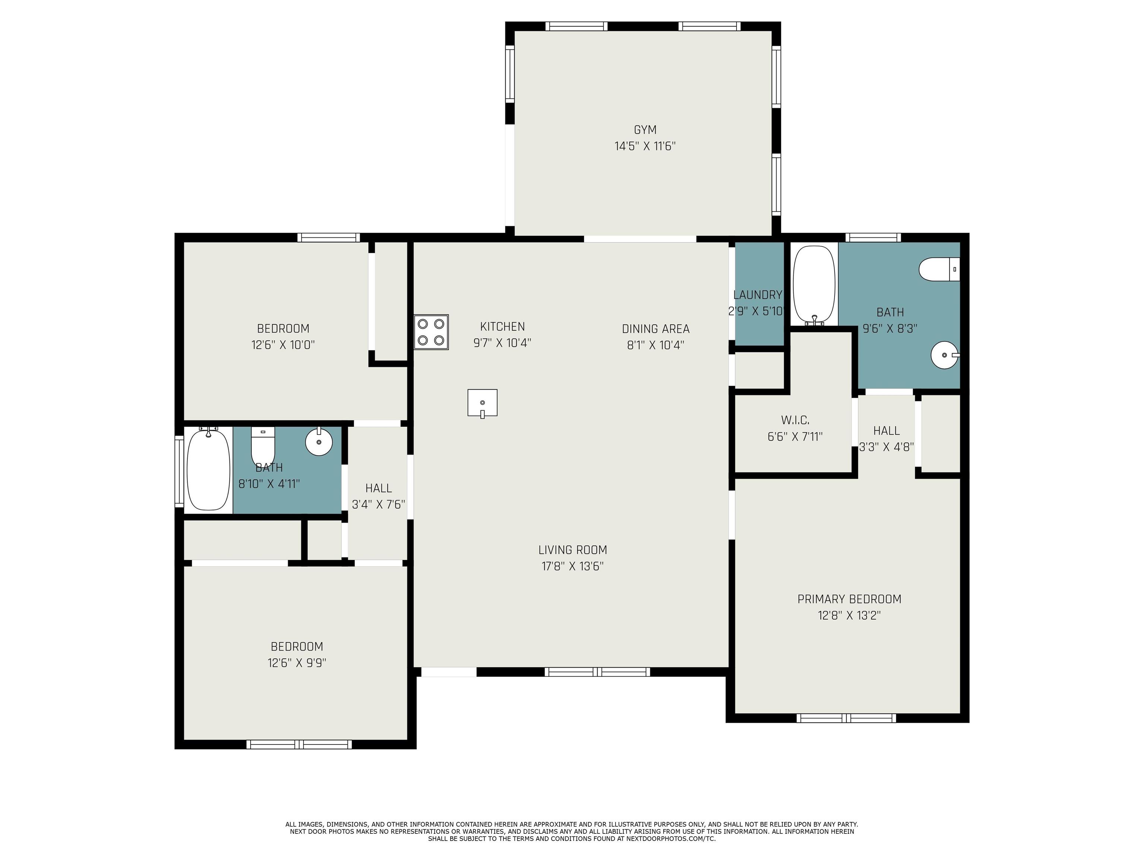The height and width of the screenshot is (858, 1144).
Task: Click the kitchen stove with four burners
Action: tap(431, 332)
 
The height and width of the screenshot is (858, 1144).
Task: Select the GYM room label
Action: tap(645, 130)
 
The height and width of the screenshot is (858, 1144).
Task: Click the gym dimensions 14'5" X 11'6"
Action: tap(645, 146)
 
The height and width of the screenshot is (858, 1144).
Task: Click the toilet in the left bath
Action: tap(263, 446)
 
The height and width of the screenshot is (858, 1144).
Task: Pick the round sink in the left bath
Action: tap(318, 441)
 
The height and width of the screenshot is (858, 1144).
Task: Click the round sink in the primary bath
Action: tap(945, 355)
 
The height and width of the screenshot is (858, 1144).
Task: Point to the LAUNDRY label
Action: tap(758, 295)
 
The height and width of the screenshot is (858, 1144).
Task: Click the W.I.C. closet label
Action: tap(795, 420)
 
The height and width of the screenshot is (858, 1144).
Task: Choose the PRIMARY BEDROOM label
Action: tap(849, 599)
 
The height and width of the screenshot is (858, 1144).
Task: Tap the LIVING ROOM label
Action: tap(572, 550)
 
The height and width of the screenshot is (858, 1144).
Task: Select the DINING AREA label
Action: tap(655, 328)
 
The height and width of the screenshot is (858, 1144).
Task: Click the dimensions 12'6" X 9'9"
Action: tap(297, 662)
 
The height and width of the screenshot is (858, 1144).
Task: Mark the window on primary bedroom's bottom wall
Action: tap(846, 718)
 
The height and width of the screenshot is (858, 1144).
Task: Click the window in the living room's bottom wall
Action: tap(597, 672)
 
